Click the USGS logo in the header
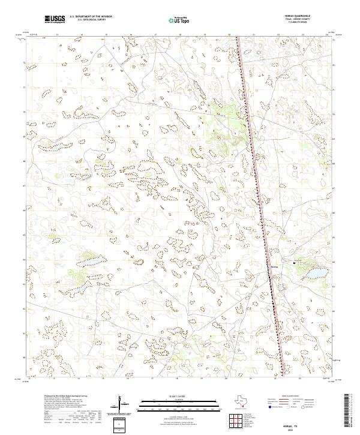[x=55, y=19]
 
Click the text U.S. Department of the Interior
[x=91, y=17]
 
